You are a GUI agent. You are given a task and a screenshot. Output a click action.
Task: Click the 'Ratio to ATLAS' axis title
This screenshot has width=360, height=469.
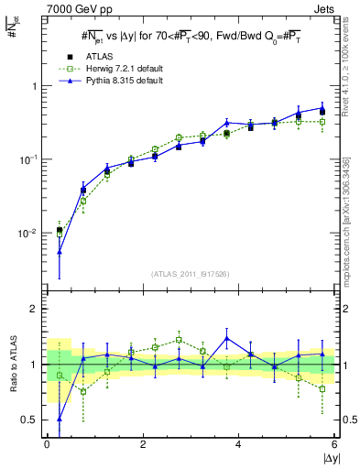click(x=12, y=364)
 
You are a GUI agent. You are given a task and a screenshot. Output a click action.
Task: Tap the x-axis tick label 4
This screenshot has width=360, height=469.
click(x=239, y=444)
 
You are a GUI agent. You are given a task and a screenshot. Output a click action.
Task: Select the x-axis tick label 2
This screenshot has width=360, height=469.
click(x=143, y=444)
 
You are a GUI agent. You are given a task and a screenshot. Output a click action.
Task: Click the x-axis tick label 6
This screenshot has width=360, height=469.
click(x=334, y=444)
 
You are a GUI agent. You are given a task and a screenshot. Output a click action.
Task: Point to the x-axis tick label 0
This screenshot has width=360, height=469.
click(x=47, y=444)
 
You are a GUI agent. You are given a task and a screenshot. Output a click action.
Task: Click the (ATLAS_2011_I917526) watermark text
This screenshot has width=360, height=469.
click(x=191, y=273)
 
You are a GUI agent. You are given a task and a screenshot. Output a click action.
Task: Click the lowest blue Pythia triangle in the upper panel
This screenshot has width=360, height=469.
click(x=60, y=251)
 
